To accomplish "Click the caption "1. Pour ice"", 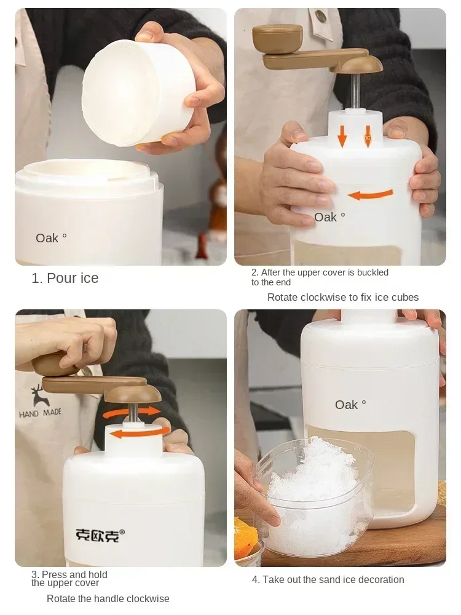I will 65,278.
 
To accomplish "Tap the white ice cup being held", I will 132,92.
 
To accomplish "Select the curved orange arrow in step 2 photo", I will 370,195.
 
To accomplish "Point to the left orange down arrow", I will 342,136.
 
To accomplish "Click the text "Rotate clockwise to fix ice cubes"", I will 342,298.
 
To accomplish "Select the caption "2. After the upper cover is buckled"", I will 320,272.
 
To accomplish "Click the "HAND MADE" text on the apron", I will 40,413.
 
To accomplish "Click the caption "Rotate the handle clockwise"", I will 108,598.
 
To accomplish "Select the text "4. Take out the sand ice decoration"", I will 328,579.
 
